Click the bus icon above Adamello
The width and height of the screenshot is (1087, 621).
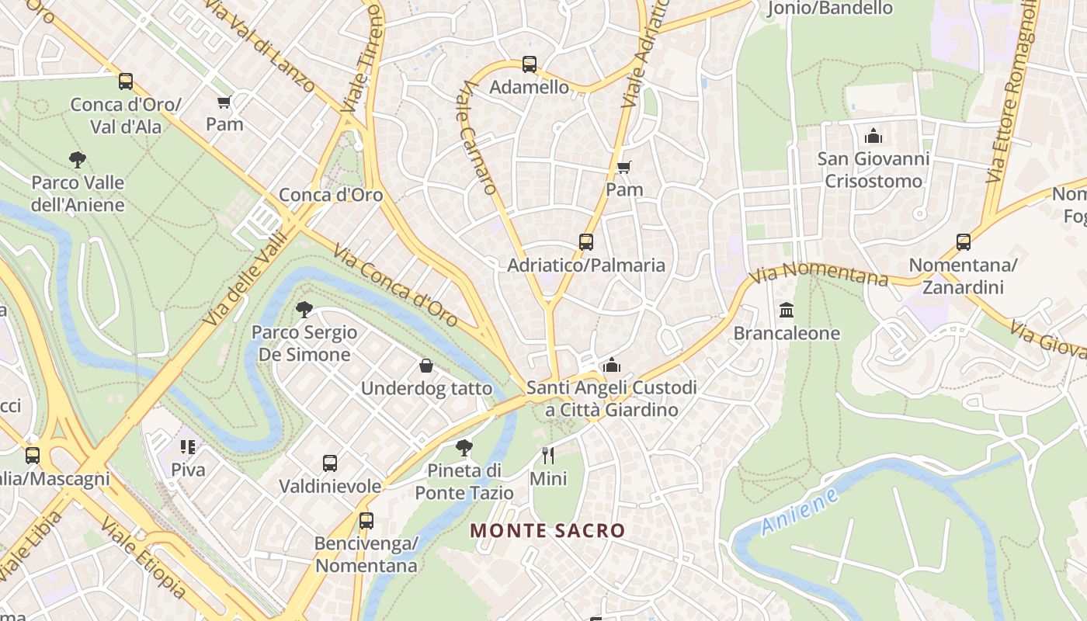click(530, 64)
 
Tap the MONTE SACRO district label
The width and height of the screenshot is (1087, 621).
click(547, 531)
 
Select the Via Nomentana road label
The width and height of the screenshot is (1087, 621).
click(819, 274)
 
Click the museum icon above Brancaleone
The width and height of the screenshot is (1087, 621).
click(787, 310)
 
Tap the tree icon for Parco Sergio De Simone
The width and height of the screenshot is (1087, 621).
click(304, 310)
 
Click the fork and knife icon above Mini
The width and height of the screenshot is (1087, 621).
click(548, 456)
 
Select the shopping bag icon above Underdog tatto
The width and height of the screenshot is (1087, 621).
click(426, 366)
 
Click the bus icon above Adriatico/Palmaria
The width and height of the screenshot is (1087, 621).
click(586, 242)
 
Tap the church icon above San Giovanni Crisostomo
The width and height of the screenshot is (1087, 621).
click(873, 136)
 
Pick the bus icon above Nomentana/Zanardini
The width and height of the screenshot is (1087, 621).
click(964, 242)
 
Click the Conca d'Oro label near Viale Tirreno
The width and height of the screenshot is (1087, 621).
click(331, 195)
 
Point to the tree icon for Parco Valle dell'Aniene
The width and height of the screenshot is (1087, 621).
click(77, 160)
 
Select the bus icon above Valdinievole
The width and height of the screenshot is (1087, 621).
click(330, 463)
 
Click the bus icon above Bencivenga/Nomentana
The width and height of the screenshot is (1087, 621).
click(366, 520)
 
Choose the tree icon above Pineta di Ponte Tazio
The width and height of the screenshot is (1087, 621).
click(464, 448)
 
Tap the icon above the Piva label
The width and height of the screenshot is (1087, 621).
click(188, 447)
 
